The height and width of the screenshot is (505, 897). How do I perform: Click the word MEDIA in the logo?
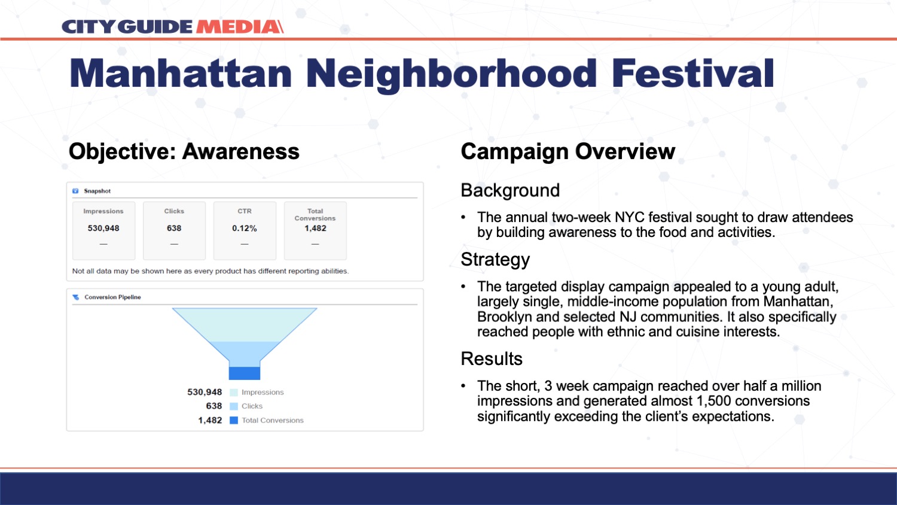click(239, 27)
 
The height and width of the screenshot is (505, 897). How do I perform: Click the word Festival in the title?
click(692, 73)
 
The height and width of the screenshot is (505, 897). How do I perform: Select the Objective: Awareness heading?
click(184, 152)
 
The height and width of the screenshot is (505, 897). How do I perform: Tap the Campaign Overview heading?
click(568, 151)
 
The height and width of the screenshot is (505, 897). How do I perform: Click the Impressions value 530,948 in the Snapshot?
click(103, 228)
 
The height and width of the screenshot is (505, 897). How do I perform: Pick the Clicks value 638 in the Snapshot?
click(174, 228)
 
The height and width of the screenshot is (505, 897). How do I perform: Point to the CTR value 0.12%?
click(244, 228)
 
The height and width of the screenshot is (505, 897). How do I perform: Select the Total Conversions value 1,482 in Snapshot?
click(315, 228)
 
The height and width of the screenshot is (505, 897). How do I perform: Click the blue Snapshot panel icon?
click(75, 191)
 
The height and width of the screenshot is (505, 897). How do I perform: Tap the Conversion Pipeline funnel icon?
click(76, 297)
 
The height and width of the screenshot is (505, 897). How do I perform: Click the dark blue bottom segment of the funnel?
click(244, 373)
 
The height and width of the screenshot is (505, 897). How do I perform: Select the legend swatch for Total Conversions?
click(234, 420)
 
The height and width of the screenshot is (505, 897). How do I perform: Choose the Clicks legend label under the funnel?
click(252, 406)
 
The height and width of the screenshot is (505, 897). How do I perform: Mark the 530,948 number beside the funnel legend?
click(205, 392)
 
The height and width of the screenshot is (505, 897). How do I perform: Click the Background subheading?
click(510, 190)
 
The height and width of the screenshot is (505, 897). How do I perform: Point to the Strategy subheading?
click(495, 260)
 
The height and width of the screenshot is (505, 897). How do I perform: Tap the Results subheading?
click(492, 359)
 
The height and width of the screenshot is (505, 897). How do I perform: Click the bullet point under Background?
click(463, 218)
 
